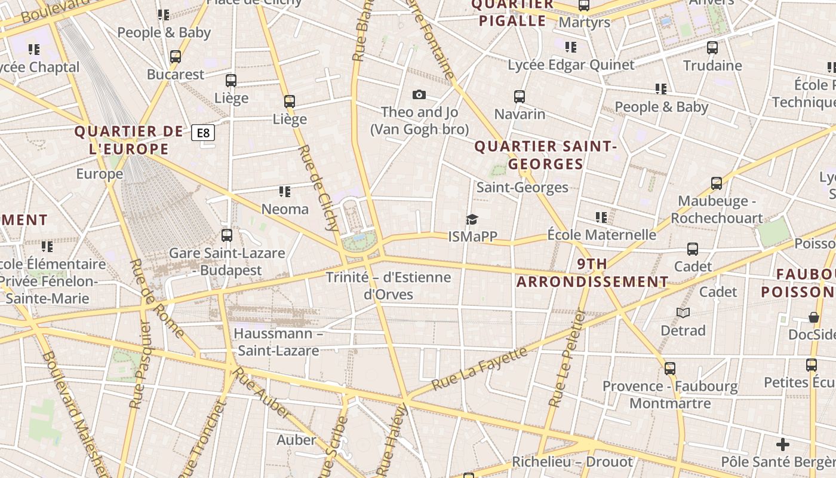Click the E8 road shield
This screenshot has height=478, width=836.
coord(203,133)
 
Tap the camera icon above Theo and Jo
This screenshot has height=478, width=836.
coord(419,94)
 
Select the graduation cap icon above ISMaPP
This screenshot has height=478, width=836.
coord(472,219)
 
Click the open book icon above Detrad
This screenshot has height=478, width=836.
coord(683,312)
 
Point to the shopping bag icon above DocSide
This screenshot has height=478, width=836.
coord(813,317)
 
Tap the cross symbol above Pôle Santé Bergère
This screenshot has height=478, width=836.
coord(783,445)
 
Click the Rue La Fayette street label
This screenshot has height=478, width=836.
coord(480,368)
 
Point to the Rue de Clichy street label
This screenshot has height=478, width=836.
coord(318,187)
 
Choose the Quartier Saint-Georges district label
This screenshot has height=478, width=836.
coord(545,155)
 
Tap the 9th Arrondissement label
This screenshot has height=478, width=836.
coord(592,272)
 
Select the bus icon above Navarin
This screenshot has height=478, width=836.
coord(520,96)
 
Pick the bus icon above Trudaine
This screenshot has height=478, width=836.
coord(712,48)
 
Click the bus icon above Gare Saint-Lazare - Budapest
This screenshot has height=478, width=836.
coord(226,235)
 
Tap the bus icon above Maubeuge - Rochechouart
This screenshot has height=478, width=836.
coord(717,183)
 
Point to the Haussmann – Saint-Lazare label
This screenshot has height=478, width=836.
coord(278,342)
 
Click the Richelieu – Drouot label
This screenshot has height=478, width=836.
coord(572,462)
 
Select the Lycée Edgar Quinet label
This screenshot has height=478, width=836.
coord(571,65)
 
